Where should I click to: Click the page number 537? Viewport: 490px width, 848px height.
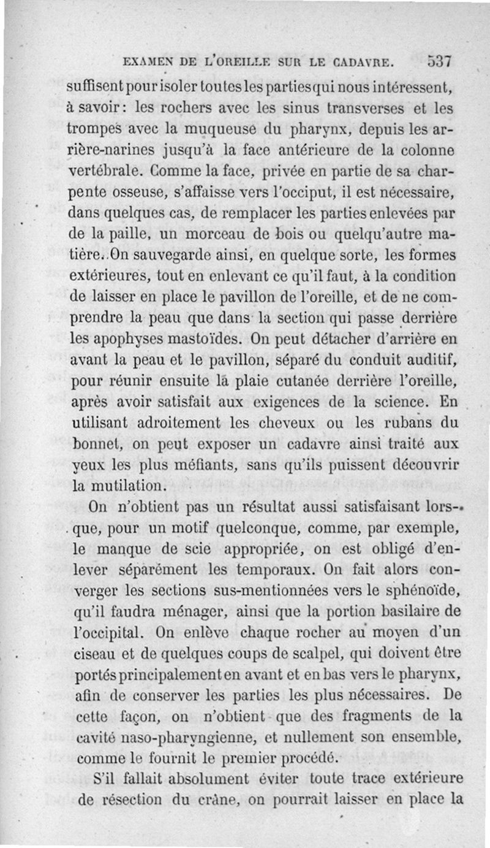tap(440, 61)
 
